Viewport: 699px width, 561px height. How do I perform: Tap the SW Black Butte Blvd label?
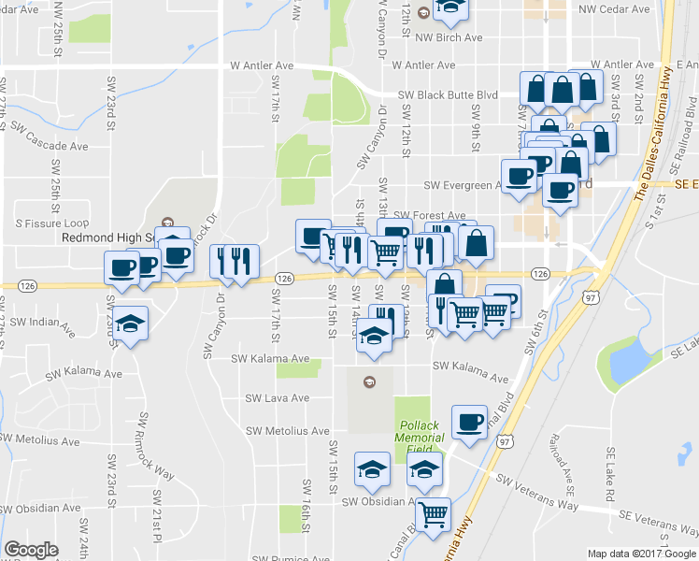pos(448,95)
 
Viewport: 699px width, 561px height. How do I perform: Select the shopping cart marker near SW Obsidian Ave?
pos(432,513)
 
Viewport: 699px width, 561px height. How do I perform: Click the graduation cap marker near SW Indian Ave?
pos(132,323)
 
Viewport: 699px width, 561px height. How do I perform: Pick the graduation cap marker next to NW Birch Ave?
pos(450,8)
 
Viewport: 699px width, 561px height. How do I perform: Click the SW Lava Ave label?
pos(277,398)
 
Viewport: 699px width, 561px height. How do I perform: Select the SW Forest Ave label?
pos(428,215)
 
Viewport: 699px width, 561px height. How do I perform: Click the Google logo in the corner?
pos(31,551)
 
